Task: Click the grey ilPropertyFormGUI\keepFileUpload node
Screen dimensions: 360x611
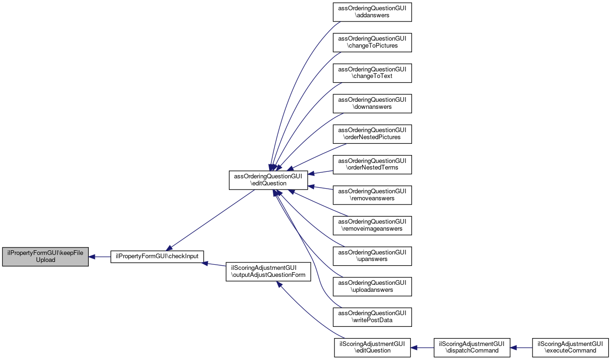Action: click(x=45, y=256)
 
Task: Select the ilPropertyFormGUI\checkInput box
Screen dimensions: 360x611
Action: click(x=157, y=256)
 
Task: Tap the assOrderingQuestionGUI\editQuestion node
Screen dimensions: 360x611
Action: click(x=268, y=180)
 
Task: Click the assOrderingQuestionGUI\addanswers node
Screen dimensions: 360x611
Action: click(x=372, y=11)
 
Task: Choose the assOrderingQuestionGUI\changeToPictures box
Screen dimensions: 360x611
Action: click(x=372, y=42)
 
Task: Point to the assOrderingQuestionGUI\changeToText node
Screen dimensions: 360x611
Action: click(x=372, y=72)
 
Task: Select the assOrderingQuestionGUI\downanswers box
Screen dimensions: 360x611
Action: click(x=372, y=103)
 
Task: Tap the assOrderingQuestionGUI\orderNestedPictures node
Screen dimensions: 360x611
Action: click(x=372, y=134)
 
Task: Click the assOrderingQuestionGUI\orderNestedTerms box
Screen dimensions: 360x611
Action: click(x=372, y=164)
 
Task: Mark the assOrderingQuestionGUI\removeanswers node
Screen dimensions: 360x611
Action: click(x=372, y=195)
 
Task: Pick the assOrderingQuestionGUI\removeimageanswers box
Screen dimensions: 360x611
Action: click(x=372, y=226)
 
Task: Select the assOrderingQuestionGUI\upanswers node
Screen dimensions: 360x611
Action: click(x=372, y=256)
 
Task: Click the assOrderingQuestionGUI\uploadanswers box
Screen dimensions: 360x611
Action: click(x=372, y=286)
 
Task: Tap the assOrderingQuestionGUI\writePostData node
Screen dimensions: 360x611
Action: click(x=372, y=317)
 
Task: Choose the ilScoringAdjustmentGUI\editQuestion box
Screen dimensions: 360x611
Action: click(x=372, y=347)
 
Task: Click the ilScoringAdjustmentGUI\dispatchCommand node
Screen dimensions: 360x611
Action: click(x=472, y=347)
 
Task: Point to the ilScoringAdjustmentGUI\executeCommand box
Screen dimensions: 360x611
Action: click(x=570, y=347)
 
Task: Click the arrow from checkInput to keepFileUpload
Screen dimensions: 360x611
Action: click(x=99, y=256)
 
